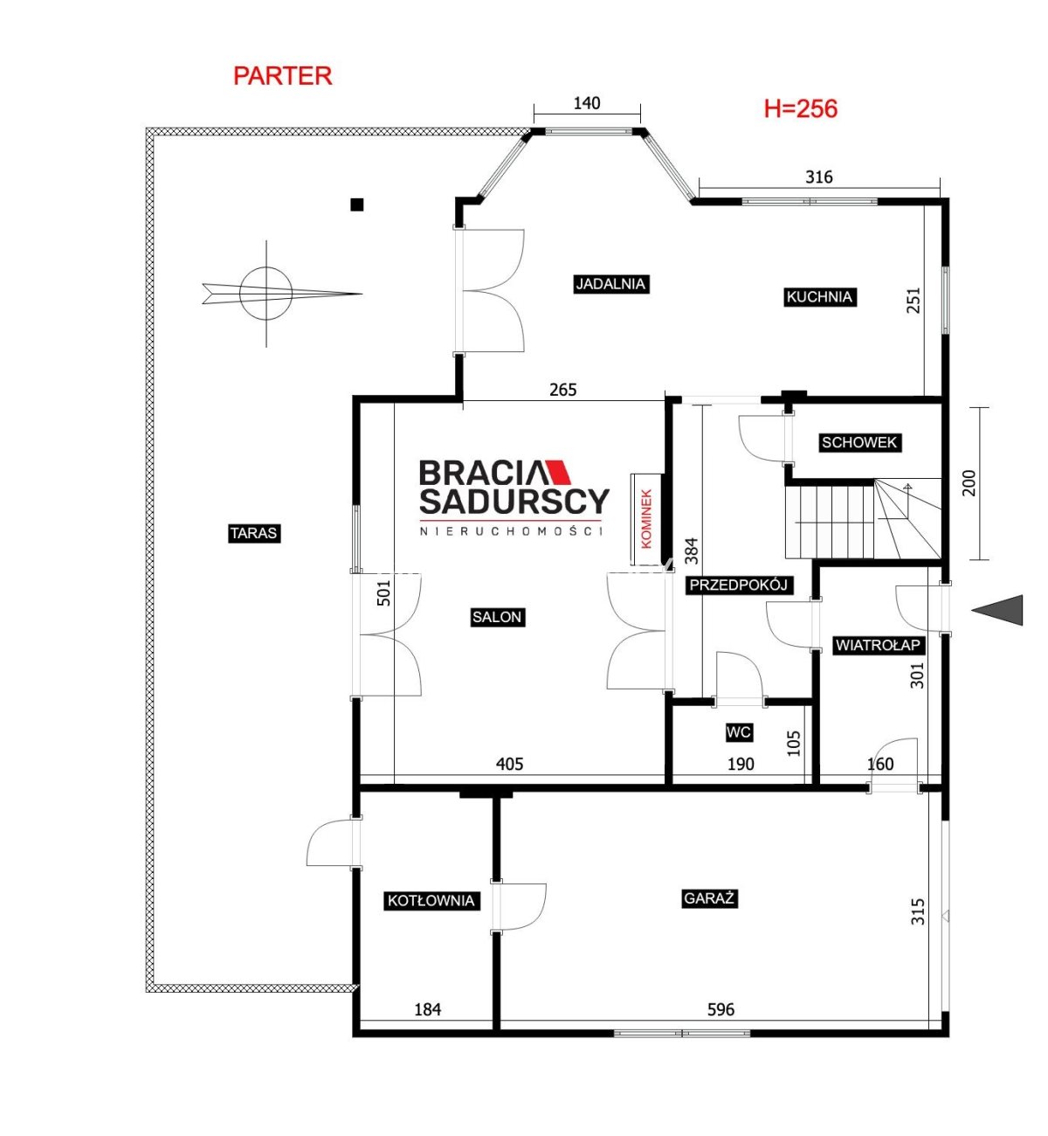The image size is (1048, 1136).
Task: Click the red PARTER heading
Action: (x=282, y=76)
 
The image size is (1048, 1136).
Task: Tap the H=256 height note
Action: (x=801, y=108)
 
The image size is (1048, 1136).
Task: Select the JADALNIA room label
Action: (x=610, y=284)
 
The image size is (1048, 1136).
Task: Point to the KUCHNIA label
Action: (x=819, y=297)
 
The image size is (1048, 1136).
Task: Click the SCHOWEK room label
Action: (x=859, y=442)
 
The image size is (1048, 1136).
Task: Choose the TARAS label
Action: (x=253, y=533)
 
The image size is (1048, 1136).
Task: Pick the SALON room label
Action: (x=497, y=617)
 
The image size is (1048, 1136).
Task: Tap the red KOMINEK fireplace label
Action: (x=646, y=519)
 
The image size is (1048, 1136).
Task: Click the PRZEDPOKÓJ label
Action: (x=739, y=585)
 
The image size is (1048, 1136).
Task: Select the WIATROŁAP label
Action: (x=878, y=645)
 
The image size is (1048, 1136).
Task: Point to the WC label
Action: (x=738, y=732)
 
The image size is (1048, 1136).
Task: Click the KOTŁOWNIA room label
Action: (x=431, y=900)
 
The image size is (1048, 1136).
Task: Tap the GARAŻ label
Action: (x=709, y=898)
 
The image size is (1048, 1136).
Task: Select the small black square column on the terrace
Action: (x=357, y=204)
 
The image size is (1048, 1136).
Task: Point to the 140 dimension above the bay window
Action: (x=587, y=103)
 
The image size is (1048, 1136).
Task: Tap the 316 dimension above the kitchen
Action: (x=818, y=177)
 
